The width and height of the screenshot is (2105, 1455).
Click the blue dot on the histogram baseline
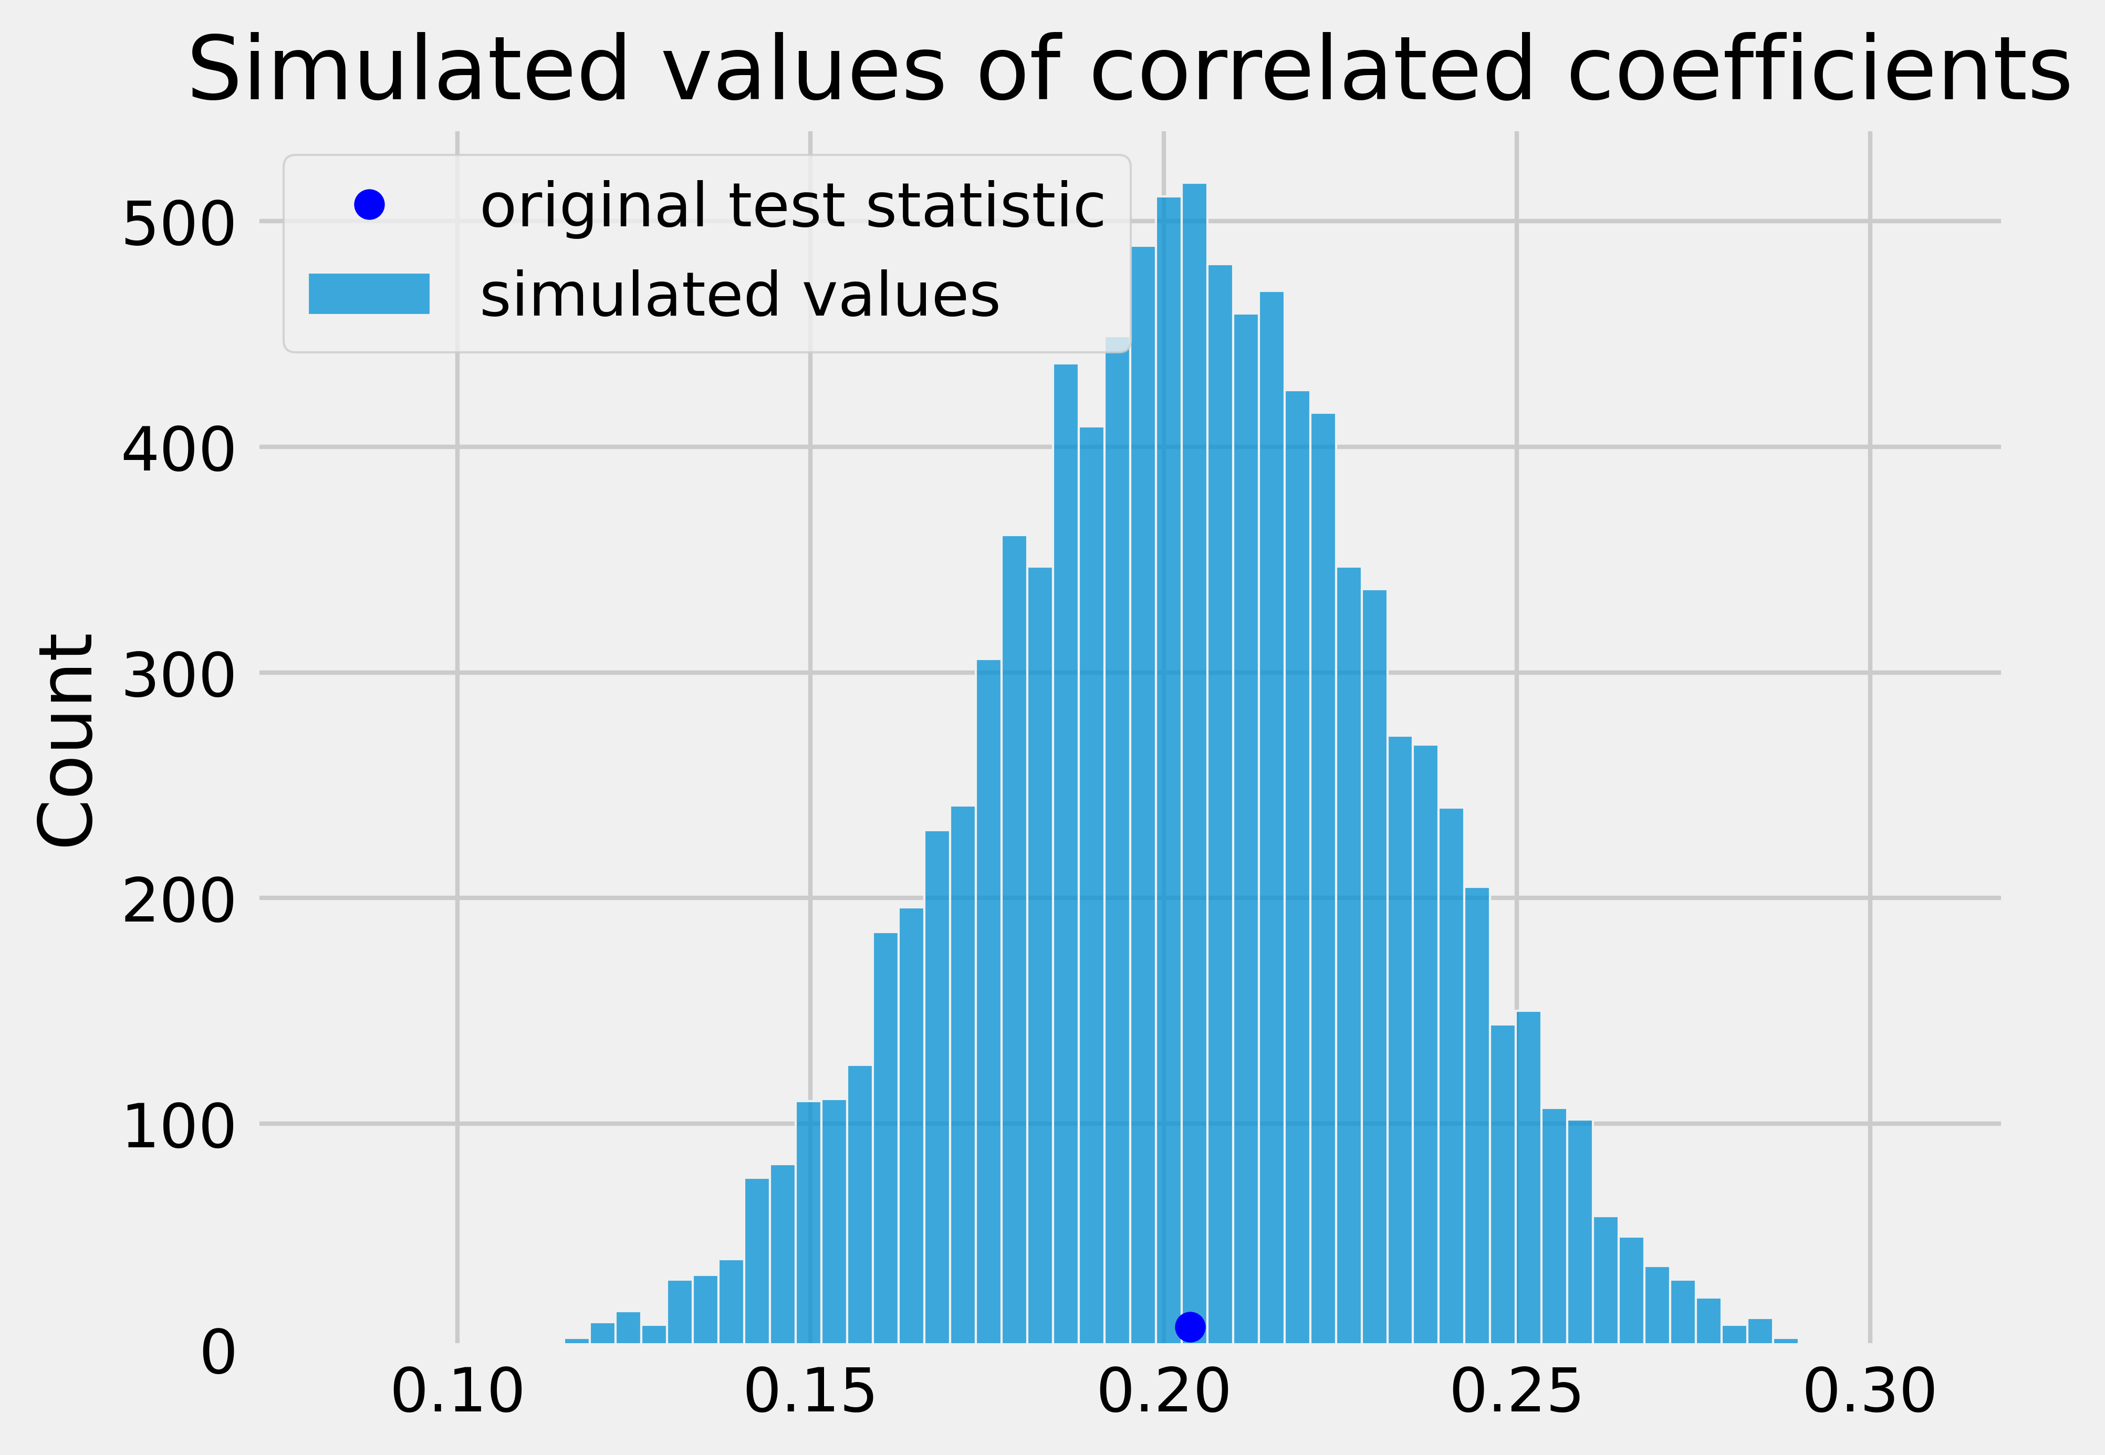(1190, 1326)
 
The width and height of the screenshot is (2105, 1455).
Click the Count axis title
(66, 740)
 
